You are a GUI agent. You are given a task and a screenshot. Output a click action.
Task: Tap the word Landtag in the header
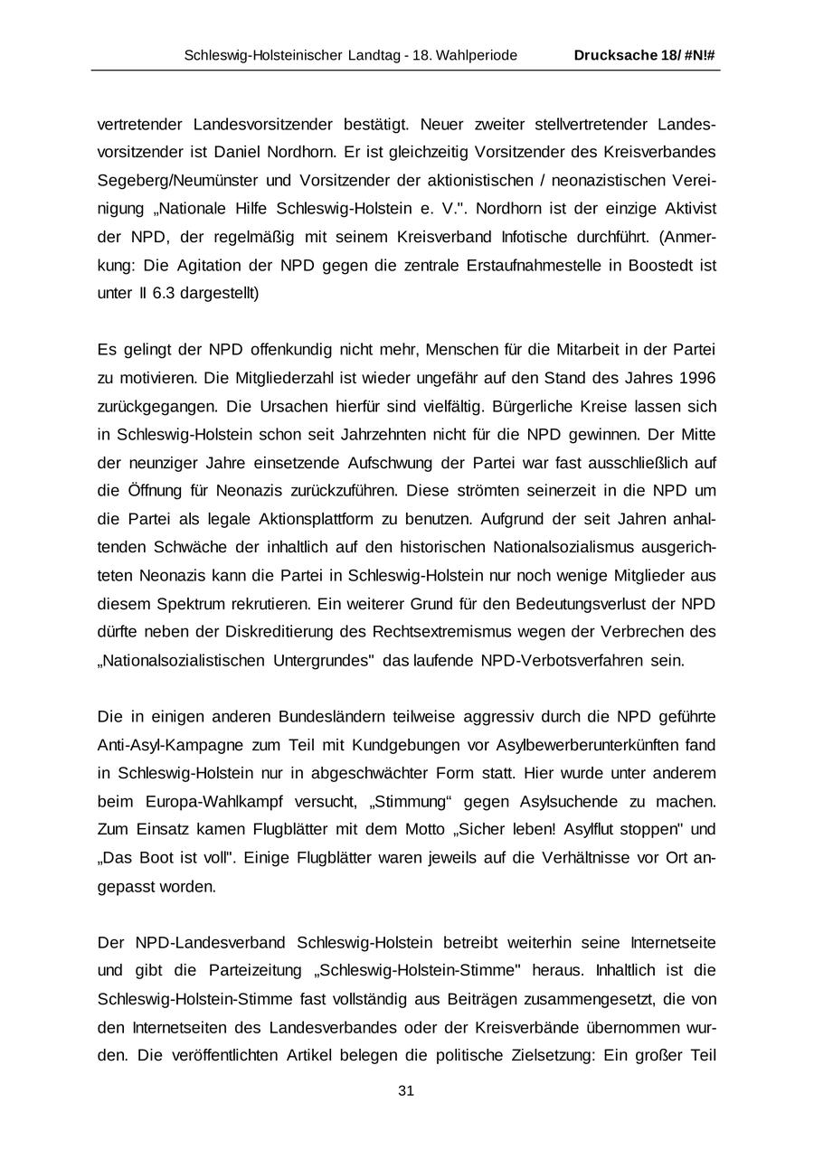pos(378,55)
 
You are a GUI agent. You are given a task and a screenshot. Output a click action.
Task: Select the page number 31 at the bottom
pos(406,1091)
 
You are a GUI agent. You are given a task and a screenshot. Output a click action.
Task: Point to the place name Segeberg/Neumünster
pos(169,180)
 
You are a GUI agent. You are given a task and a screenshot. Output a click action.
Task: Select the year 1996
pos(696,378)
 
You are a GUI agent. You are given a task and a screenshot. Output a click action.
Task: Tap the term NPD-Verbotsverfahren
pos(561,660)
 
